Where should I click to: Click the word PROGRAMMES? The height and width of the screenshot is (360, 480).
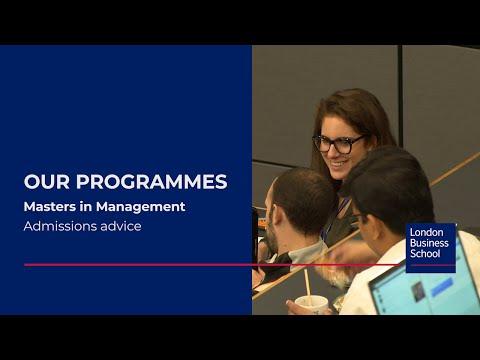tap(152, 182)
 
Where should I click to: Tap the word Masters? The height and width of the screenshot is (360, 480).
tap(50, 207)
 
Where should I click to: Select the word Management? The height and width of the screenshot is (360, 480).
tap(140, 207)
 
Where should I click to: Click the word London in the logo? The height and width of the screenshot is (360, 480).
tap(426, 232)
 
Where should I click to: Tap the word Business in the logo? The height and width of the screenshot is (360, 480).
tap(429, 243)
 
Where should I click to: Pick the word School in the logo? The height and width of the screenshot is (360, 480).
tap(425, 254)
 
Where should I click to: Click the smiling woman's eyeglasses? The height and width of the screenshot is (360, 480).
tap(337, 144)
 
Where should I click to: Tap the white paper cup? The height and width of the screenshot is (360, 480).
tap(312, 305)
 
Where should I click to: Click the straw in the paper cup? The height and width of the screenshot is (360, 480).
tap(307, 286)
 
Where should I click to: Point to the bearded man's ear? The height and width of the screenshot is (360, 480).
tap(278, 217)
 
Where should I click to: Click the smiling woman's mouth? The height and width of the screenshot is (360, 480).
tap(339, 164)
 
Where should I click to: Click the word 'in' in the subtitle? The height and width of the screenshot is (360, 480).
tap(86, 207)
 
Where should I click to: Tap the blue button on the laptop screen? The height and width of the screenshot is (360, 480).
tap(442, 287)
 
